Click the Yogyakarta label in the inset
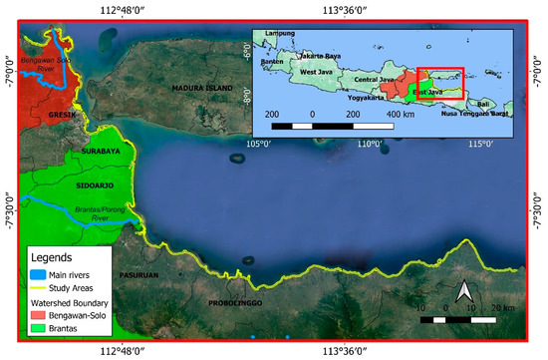(x=366, y=99)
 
